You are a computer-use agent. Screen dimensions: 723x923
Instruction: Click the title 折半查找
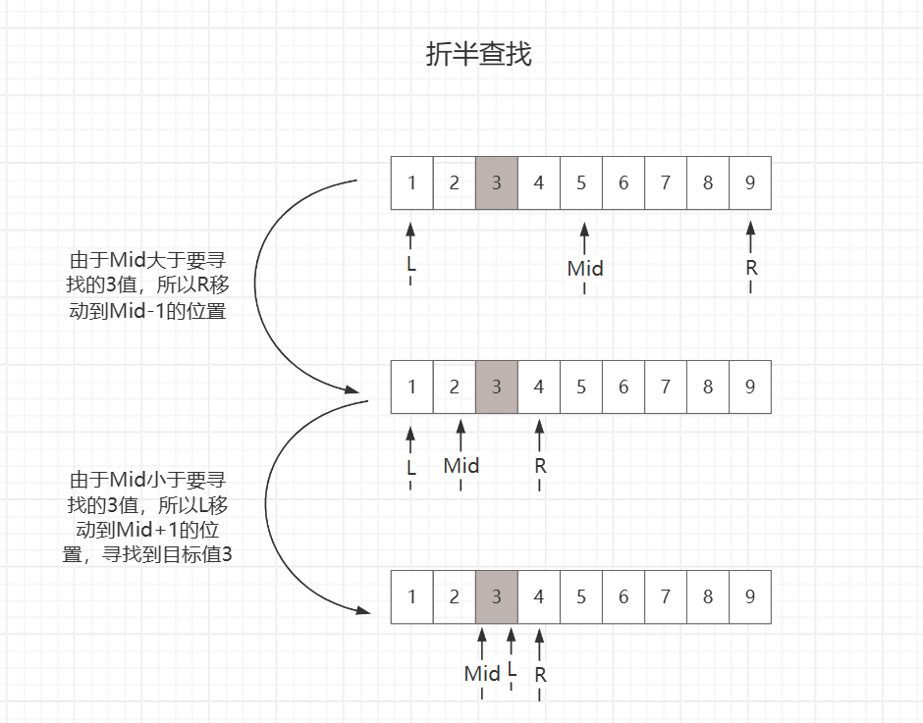pyautogui.click(x=478, y=55)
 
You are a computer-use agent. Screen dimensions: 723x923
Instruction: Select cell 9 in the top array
pyautogui.click(x=750, y=182)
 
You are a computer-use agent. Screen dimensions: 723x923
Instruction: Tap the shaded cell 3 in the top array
pyautogui.click(x=496, y=182)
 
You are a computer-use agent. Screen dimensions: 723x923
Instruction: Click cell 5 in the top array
pyautogui.click(x=581, y=182)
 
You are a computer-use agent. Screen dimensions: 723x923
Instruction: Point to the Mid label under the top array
pyautogui.click(x=585, y=268)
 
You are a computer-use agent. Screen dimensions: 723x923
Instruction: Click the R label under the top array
pyautogui.click(x=751, y=268)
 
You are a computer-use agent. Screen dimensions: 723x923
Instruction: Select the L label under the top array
pyautogui.click(x=411, y=264)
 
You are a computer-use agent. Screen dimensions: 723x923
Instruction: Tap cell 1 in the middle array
pyautogui.click(x=411, y=387)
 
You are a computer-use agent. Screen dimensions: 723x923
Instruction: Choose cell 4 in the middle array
pyautogui.click(x=538, y=387)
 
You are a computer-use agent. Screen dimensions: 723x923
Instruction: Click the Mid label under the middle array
pyautogui.click(x=461, y=465)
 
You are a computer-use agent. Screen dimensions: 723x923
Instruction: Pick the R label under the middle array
pyautogui.click(x=540, y=466)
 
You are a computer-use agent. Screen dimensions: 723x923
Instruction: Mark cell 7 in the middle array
pyautogui.click(x=666, y=387)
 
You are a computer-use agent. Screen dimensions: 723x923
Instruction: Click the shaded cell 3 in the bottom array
pyautogui.click(x=496, y=596)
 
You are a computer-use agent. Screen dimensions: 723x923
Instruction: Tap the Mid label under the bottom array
pyautogui.click(x=482, y=674)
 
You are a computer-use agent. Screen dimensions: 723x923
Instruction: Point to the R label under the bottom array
pyautogui.click(x=540, y=675)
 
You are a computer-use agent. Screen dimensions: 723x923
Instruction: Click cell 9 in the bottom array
pyautogui.click(x=750, y=596)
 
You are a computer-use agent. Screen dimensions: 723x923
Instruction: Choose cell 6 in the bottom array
pyautogui.click(x=624, y=596)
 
